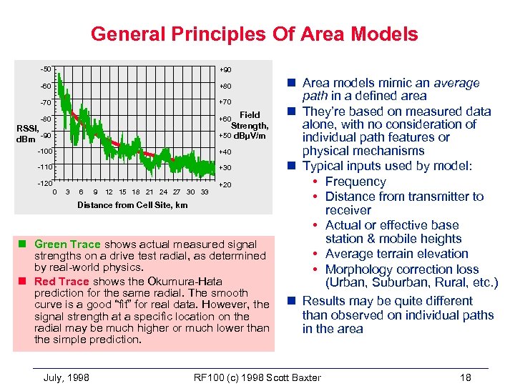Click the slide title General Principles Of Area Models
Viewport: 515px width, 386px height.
click(254, 34)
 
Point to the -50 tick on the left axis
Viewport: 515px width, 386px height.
click(46, 69)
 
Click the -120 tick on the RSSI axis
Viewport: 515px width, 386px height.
click(44, 183)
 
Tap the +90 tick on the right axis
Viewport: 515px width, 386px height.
click(225, 69)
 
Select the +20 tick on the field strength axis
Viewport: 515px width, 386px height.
click(225, 185)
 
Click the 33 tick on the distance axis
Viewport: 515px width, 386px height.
click(205, 192)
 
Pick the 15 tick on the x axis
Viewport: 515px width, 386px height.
click(122, 192)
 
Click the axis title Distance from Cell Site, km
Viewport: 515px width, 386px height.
click(132, 205)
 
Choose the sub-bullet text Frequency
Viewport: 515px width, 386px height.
click(355, 182)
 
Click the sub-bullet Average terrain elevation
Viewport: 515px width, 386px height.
click(396, 254)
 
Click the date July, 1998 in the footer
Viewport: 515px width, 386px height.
click(67, 377)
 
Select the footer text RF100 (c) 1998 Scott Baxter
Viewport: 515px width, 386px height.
click(257, 377)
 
